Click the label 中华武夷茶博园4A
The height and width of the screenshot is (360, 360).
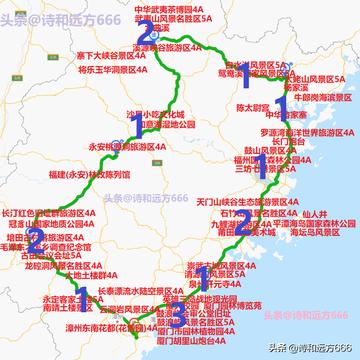click(x=175, y=8)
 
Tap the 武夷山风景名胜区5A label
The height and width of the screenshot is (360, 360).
click(x=179, y=19)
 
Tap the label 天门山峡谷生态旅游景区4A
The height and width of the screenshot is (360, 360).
click(x=247, y=201)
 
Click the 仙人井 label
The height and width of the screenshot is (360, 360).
click(x=311, y=213)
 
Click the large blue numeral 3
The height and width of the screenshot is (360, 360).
click(x=177, y=316)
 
